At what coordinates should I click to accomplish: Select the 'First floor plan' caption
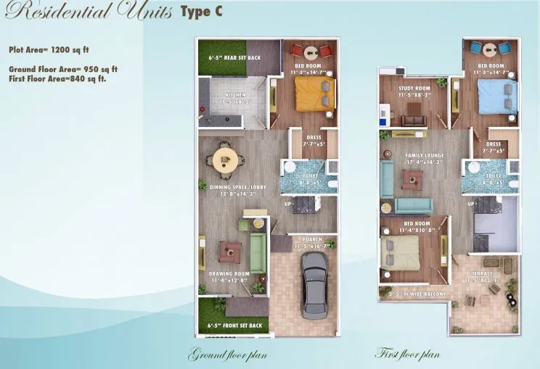406,355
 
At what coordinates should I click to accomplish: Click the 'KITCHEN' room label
235,95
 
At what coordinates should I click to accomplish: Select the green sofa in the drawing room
258,253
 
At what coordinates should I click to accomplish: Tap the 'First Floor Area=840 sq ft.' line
57,78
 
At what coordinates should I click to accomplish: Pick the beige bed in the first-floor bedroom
399,254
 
